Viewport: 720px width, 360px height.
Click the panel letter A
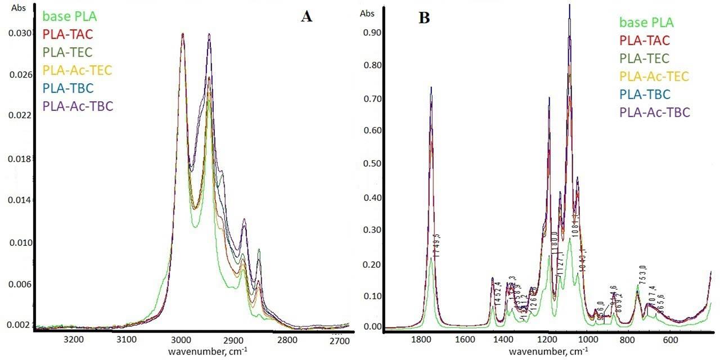pos(307,16)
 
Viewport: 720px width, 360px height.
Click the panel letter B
pos(424,19)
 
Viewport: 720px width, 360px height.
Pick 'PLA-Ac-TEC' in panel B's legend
pos(654,76)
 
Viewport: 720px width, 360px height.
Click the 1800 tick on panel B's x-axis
pos(421,340)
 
